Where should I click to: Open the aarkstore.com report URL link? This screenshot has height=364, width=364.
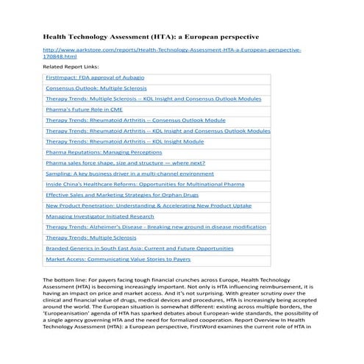click(x=172, y=52)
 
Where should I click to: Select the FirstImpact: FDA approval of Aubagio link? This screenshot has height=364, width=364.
click(x=94, y=77)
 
